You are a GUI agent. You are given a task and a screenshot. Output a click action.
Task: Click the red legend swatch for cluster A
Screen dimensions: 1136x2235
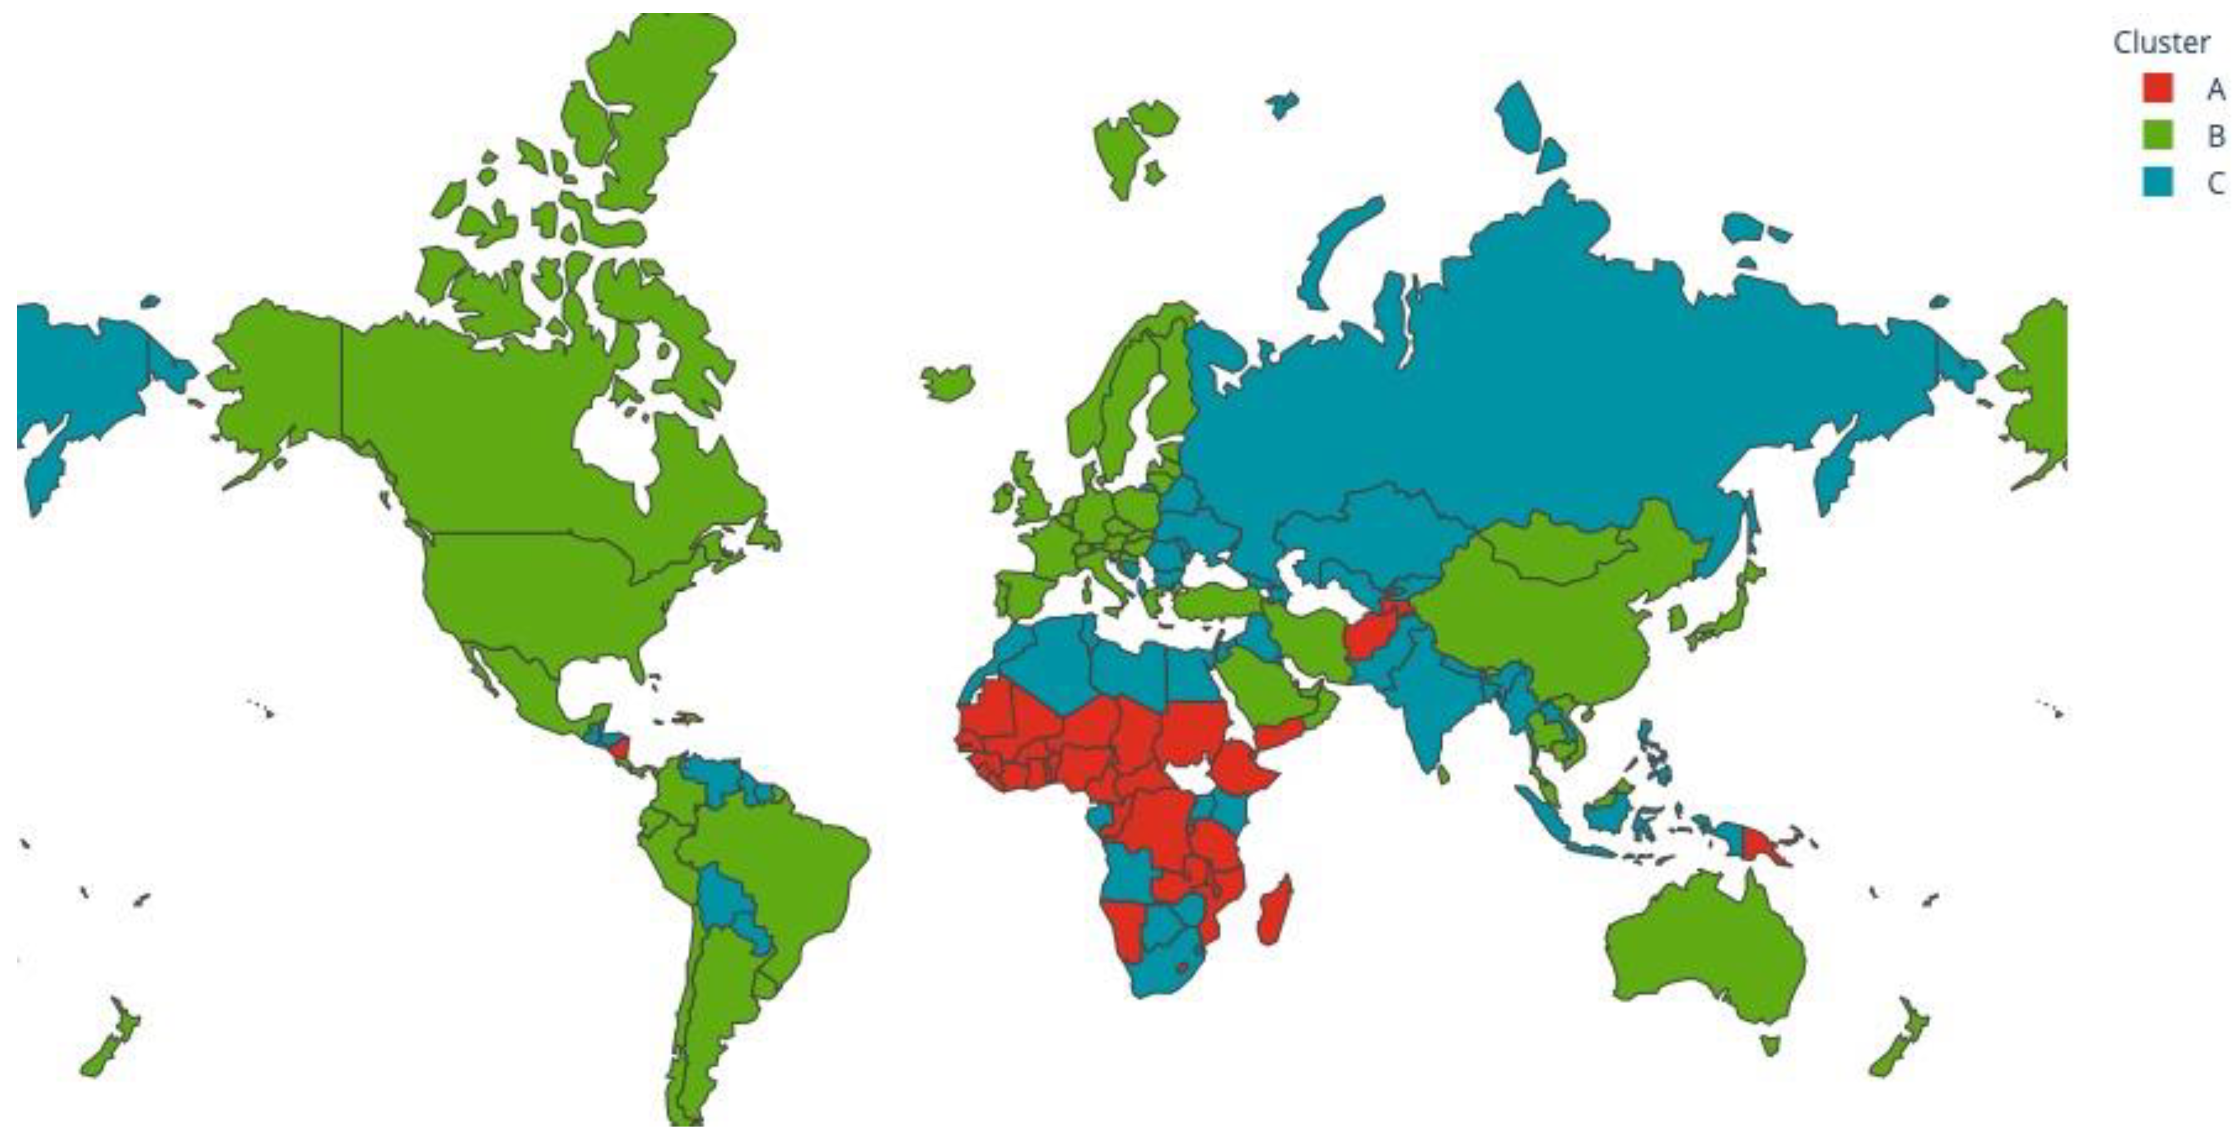(2158, 87)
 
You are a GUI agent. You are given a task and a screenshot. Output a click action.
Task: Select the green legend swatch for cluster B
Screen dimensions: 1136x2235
(2158, 135)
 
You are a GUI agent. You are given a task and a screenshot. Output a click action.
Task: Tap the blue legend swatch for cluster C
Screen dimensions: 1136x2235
(2158, 182)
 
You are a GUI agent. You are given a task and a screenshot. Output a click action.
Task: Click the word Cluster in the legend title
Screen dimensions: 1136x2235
(2161, 42)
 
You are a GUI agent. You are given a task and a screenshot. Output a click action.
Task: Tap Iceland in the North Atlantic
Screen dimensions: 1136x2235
(947, 382)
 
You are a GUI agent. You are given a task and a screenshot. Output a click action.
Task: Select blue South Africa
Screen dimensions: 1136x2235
(1158, 972)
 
